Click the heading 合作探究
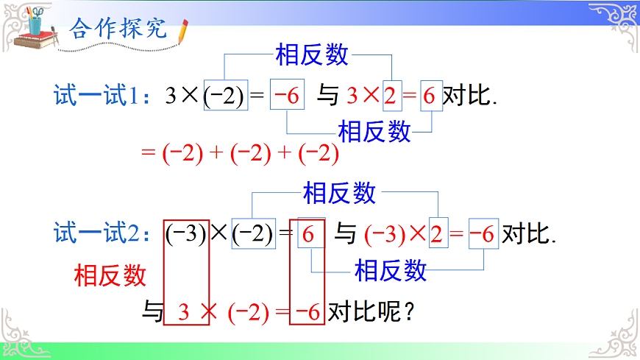click(x=118, y=29)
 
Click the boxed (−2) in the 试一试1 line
click(x=224, y=96)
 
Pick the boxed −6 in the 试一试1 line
click(x=286, y=96)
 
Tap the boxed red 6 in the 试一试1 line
click(x=430, y=96)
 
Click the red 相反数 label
click(x=110, y=275)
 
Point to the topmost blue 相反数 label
click(x=312, y=54)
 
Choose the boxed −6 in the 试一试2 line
click(x=482, y=235)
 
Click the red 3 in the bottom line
click(x=184, y=312)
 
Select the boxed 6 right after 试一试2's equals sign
click(x=309, y=235)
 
